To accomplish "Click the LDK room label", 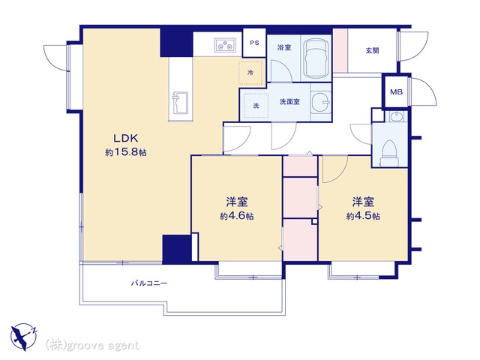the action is (126, 138).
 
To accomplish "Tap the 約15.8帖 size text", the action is (126, 152).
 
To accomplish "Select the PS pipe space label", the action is (254, 43).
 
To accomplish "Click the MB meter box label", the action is (396, 91).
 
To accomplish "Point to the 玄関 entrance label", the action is (372, 50).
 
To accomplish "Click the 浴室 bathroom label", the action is (284, 47).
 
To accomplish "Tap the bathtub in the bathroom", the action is (316, 58).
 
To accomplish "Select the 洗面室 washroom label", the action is (289, 101).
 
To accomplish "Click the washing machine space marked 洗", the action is (256, 106).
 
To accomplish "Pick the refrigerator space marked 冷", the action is (250, 73).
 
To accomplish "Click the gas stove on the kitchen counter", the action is (225, 45).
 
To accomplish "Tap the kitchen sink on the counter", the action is (180, 102).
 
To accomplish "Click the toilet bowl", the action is (389, 153).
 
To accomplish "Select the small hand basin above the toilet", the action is (397, 117).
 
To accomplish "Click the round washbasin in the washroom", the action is (322, 102).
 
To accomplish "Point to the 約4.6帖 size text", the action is (237, 216).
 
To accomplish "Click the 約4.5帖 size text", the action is (363, 216).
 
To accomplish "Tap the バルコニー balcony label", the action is (149, 283).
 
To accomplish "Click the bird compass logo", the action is (23, 337).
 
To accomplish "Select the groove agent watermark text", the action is (92, 345).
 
